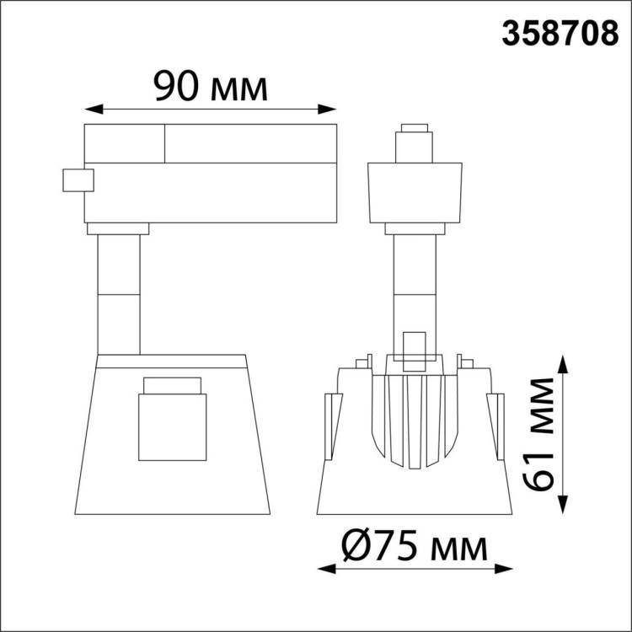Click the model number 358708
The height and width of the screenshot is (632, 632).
tap(560, 34)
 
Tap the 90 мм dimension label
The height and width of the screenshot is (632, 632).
tap(211, 86)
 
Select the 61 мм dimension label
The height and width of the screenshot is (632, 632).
tap(539, 434)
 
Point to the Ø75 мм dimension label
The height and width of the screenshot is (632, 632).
tap(415, 547)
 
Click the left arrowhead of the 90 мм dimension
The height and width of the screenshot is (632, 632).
tap(94, 109)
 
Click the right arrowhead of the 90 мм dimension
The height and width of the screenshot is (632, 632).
tap(327, 109)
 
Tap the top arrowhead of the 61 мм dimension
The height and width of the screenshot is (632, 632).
tap(563, 364)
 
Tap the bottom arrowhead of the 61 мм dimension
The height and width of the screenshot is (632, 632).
tap(563, 505)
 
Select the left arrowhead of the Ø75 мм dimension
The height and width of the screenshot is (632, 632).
tap(326, 569)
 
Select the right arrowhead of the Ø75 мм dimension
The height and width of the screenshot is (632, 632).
tap(503, 569)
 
